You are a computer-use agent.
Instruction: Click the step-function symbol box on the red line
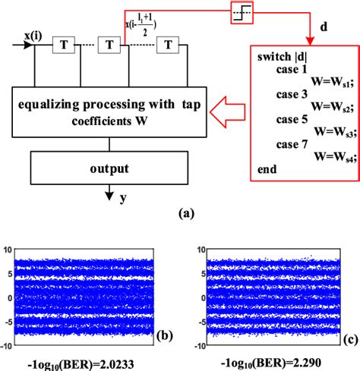click(246, 11)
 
